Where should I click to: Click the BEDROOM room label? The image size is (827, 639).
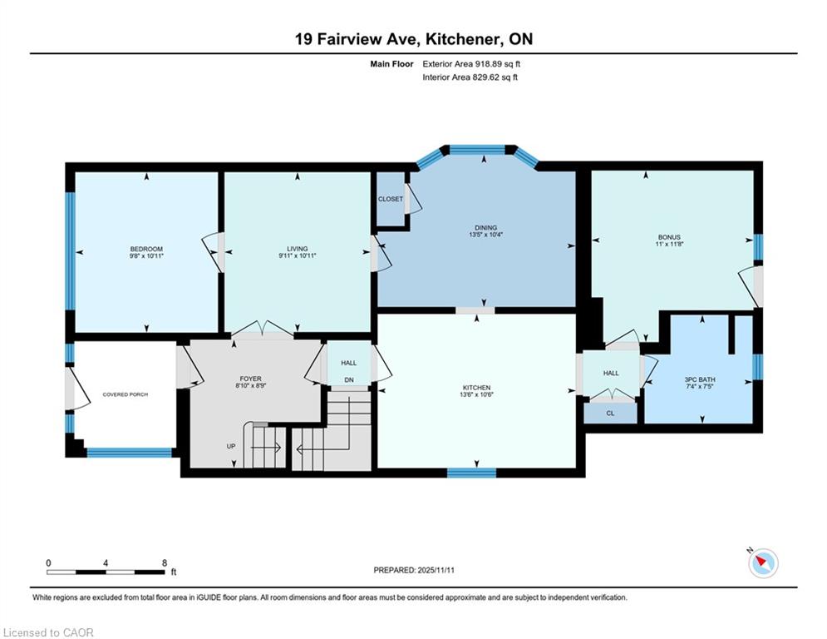click(x=146, y=249)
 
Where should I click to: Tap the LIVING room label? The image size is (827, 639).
click(x=297, y=249)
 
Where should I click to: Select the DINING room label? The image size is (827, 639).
click(x=485, y=228)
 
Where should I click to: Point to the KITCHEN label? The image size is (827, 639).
click(x=477, y=388)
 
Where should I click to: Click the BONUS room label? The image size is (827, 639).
click(x=669, y=237)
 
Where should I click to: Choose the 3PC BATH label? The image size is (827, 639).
click(x=700, y=379)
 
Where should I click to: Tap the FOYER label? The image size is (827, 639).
click(x=250, y=379)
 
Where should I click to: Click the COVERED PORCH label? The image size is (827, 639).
click(x=125, y=394)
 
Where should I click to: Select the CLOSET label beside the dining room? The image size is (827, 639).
click(x=391, y=199)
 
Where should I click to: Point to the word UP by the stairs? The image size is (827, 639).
click(x=231, y=446)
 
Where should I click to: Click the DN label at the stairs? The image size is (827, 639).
click(x=348, y=379)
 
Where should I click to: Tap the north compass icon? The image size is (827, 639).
click(x=763, y=563)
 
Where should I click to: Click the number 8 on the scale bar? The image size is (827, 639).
click(x=165, y=563)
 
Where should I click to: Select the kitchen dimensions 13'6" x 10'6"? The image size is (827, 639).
click(x=477, y=394)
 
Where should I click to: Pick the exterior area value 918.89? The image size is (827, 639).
click(x=488, y=64)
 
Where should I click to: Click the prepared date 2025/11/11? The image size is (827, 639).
click(x=436, y=570)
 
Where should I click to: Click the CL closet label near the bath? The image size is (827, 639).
click(x=610, y=413)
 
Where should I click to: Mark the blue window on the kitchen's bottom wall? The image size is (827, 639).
click(x=471, y=473)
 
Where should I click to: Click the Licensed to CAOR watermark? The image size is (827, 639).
click(x=48, y=632)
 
